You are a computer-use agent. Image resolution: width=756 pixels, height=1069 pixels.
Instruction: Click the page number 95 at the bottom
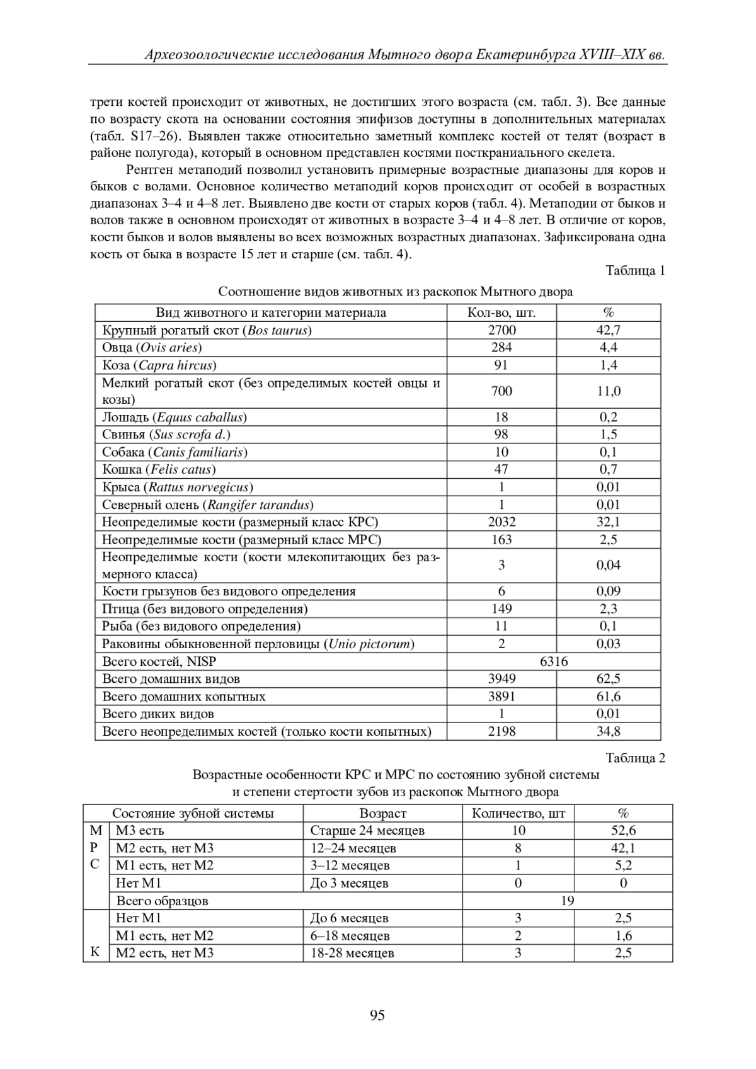pos(377,1015)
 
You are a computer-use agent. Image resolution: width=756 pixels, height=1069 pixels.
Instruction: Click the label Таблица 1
pos(635,271)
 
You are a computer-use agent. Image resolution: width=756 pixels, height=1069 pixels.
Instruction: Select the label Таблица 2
pos(635,758)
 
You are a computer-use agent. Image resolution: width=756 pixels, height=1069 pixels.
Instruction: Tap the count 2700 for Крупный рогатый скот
pos(501,330)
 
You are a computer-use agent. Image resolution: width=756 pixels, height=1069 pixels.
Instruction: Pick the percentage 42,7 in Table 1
pos(609,330)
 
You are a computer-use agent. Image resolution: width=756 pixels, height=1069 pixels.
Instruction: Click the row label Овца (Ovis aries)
pos(152,348)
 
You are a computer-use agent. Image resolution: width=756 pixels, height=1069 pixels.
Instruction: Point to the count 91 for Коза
pos(501,365)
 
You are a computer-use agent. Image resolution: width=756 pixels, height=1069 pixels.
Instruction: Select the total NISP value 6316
pos(554,661)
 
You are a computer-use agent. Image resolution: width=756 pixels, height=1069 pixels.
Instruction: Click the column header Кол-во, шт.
pos(501,312)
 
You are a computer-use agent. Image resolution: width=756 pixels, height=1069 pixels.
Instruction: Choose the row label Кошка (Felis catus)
pos(159,469)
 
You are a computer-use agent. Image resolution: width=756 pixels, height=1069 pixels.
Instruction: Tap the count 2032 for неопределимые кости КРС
pos(501,522)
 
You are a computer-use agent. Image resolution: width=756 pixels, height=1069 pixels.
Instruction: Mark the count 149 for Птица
pos(501,609)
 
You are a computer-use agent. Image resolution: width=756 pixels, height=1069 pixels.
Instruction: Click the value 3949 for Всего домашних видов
pos(501,679)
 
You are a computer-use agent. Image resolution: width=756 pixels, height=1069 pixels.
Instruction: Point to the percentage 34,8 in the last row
pos(609,731)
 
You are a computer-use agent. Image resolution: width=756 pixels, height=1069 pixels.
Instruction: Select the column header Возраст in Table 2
pos(382,813)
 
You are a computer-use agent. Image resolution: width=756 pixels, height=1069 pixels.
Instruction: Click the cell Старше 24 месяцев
pos(367,831)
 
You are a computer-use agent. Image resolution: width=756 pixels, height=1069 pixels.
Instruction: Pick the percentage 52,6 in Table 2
pos(623,831)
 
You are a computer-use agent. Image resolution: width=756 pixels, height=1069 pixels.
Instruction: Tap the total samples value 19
pos(567,901)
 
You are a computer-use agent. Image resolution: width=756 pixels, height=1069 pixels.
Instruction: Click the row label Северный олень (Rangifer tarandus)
pos(208,505)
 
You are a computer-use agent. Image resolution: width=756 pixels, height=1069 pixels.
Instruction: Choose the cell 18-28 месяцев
pos(352,953)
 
